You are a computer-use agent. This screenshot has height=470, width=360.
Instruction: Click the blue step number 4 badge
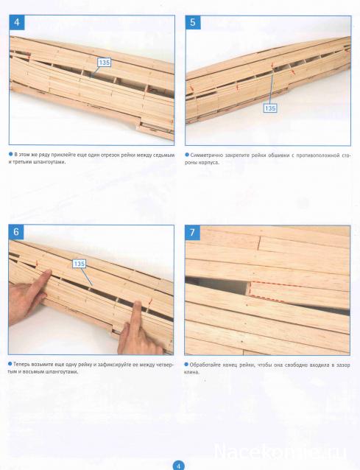(x=17, y=23)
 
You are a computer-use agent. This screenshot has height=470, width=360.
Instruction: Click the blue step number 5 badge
(x=193, y=23)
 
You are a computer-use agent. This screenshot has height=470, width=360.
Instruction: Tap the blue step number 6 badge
(x=16, y=232)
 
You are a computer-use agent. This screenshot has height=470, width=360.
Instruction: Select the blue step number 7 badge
(x=192, y=232)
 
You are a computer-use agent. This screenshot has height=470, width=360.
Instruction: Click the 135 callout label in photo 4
(x=105, y=63)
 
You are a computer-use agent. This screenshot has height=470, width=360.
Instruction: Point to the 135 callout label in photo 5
(x=270, y=108)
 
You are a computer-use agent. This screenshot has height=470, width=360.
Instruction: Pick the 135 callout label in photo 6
(x=79, y=264)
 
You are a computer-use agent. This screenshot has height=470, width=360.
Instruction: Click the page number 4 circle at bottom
(x=178, y=466)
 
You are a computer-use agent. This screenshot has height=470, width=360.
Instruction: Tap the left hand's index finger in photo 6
(x=40, y=281)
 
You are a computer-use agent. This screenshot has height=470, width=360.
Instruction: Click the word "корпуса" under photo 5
(x=210, y=163)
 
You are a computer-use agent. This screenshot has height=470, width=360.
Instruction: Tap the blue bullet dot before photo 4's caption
(x=11, y=154)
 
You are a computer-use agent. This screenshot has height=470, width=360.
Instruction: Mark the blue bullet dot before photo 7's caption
(x=187, y=365)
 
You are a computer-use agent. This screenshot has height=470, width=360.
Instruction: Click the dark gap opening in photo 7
(x=217, y=287)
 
